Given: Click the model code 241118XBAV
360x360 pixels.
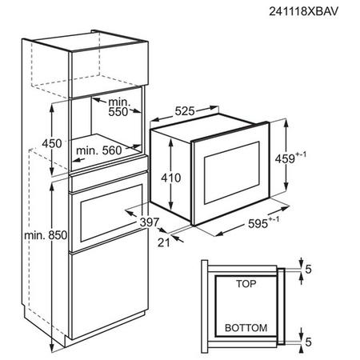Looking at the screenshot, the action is [303, 11].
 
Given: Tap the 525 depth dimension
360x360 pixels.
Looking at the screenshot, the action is [185, 111].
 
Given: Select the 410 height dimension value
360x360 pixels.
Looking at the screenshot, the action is [171, 178].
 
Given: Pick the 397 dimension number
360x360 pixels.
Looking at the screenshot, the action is [150, 222].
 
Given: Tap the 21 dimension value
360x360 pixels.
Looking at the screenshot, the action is [163, 242].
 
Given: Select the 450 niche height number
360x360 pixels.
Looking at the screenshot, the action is [52, 143].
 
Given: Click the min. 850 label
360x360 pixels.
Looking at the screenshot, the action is [46, 235].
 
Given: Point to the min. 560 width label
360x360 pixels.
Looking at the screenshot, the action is [99, 150].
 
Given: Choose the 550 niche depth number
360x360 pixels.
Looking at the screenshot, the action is [118, 112].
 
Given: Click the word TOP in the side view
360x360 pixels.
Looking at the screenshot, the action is [246, 284].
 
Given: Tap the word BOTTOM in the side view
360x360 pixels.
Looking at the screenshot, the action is [246, 328].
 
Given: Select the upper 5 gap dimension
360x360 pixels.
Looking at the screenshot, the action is [308, 270].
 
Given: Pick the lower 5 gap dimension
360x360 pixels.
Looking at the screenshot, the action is [308, 342].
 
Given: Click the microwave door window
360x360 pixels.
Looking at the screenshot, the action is [232, 173].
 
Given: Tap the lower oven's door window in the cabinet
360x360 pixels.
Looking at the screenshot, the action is [111, 213].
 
